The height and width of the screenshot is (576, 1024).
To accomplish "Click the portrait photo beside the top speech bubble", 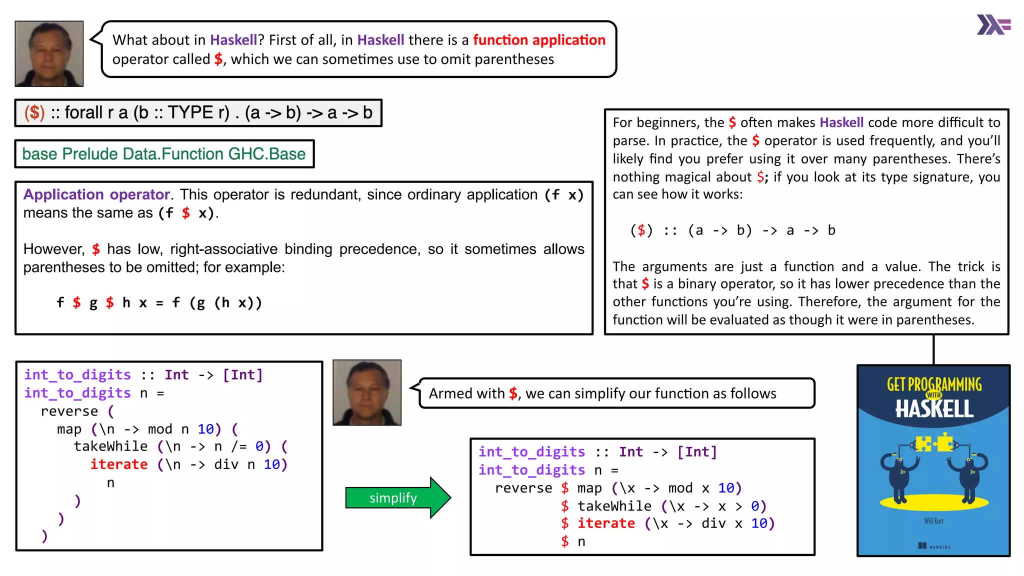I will click(x=49, y=53).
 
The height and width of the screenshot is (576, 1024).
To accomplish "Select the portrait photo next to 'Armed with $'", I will click(x=367, y=392).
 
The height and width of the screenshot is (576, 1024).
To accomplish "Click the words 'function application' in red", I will click(x=539, y=40).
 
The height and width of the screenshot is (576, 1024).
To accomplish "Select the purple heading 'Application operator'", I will click(x=96, y=194).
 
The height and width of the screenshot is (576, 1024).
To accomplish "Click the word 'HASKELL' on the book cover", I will click(x=934, y=409).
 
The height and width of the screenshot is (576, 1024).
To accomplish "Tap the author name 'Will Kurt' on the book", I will click(x=933, y=521).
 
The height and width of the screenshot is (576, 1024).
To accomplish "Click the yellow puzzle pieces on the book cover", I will click(x=933, y=443).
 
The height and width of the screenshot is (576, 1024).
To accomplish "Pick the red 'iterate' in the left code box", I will click(x=119, y=464).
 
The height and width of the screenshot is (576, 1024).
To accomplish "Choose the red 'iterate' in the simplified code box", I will click(x=606, y=523).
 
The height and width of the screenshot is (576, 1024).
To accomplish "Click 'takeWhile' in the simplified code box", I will click(x=614, y=506).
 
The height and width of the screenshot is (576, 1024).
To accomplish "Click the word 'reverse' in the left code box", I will click(x=69, y=411).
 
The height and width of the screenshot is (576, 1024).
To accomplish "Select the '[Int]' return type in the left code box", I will click(x=242, y=375).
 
